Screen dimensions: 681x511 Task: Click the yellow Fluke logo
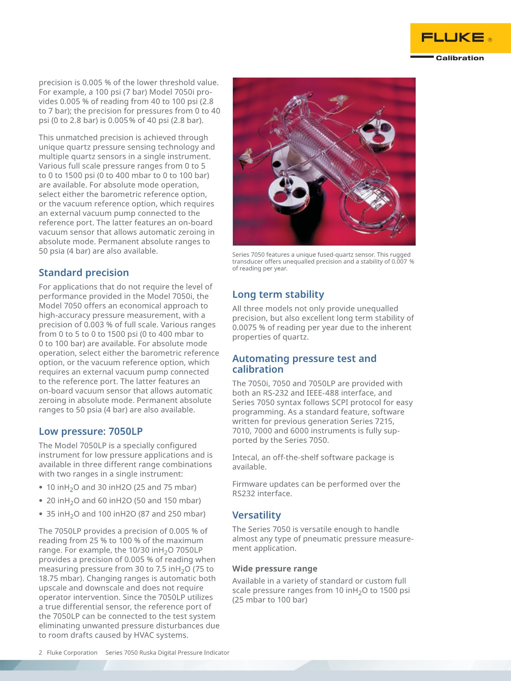click(460, 38)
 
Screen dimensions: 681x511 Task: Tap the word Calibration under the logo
click(460, 58)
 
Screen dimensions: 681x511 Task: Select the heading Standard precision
click(84, 273)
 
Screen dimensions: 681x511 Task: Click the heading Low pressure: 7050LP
click(91, 432)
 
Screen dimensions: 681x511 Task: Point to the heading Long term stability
click(278, 295)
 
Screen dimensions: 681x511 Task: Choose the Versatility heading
click(256, 515)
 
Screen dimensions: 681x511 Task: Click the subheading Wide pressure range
click(275, 569)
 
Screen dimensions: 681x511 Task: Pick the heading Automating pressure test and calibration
click(304, 364)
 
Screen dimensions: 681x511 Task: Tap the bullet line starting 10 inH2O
click(121, 487)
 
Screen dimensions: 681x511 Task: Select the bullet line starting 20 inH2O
click(123, 501)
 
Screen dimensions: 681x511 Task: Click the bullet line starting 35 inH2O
click(126, 514)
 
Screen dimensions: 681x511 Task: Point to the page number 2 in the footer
click(40, 653)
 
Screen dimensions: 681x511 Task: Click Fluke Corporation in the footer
click(72, 653)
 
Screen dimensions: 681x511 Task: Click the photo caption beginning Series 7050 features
click(323, 261)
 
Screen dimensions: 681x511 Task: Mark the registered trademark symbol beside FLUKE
click(490, 40)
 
